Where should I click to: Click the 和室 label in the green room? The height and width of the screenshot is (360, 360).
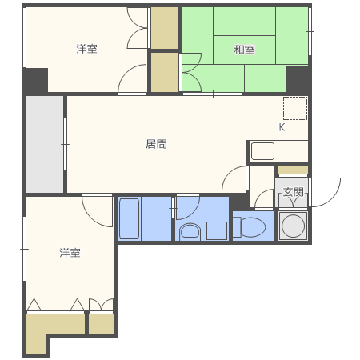pos(244,50)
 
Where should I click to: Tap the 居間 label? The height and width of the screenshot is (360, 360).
pos(156,145)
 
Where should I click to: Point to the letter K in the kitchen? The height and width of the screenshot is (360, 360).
pos(282,127)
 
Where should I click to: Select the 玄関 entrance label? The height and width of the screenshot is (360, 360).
pos(293,192)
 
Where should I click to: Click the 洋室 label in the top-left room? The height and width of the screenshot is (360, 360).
pos(86,50)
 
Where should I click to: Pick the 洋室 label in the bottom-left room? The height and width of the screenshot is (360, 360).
pos(70,253)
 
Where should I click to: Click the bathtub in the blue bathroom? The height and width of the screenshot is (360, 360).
pos(130,218)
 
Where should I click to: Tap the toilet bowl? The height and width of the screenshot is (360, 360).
pos(250,226)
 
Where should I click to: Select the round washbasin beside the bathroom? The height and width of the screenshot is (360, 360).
pos(190,231)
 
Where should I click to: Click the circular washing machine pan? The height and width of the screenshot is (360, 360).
pos(294,226)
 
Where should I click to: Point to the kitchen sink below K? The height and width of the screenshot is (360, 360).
pos(262,150)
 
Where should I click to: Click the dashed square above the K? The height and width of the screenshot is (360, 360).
pos(294,108)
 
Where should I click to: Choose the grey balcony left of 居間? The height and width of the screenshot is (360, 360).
pos(44,144)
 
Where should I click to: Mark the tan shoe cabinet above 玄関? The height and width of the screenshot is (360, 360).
pos(293,170)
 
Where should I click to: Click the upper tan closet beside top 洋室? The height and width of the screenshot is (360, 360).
pos(165,27)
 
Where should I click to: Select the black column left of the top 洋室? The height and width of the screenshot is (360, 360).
pos(35,80)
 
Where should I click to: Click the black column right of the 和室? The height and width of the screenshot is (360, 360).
pos(298,78)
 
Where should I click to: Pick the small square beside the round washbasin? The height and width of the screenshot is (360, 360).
pos(215,230)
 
